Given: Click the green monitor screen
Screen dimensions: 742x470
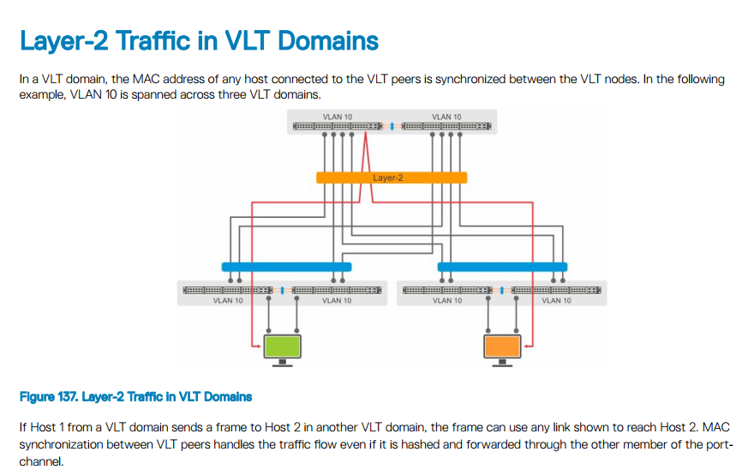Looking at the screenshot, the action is tap(283, 346).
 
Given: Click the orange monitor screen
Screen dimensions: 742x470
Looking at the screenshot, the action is tap(502, 346).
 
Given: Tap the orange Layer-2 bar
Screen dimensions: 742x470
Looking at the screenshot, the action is tap(392, 178).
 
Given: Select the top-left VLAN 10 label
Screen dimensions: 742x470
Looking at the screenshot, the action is tap(338, 117).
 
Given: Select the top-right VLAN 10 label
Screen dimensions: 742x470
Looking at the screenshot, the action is tap(446, 117).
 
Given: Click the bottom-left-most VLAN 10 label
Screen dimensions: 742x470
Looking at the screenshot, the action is tap(228, 300).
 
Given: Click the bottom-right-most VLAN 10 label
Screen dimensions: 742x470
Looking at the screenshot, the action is tap(556, 300).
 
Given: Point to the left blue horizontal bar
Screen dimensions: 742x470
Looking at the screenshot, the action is tap(286, 267).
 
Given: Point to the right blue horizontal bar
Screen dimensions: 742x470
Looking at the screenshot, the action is tap(502, 267).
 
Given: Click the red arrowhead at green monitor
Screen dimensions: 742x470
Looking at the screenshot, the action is tap(258, 346).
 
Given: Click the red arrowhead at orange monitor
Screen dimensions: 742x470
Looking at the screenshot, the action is tap(527, 346).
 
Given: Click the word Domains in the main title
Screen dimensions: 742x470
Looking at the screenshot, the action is tap(328, 40).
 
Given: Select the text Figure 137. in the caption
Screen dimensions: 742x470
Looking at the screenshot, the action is tap(48, 396).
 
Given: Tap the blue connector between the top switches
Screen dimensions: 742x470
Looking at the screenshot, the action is tap(392, 126).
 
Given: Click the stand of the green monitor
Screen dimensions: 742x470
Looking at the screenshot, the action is tap(283, 363).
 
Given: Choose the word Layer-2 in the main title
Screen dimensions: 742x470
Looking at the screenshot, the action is tap(64, 41).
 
